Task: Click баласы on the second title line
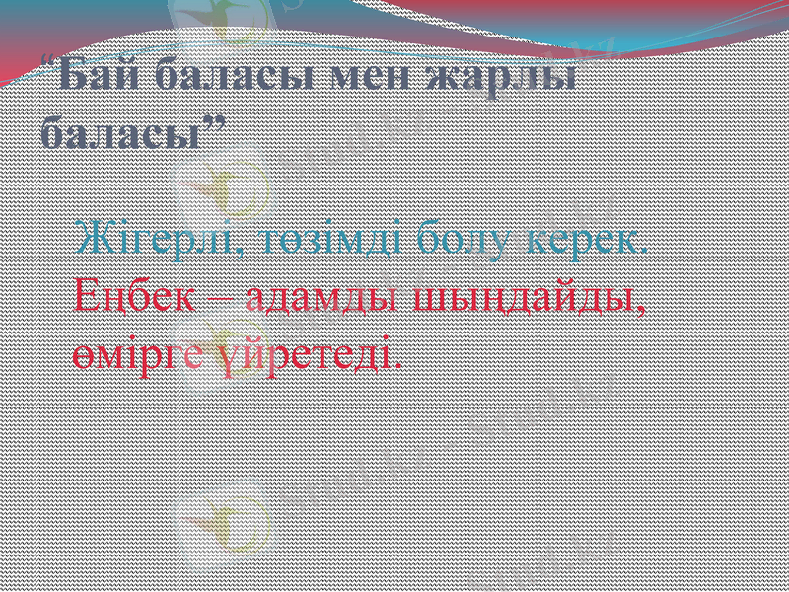pyautogui.click(x=116, y=131)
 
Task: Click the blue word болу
pyautogui.click(x=464, y=240)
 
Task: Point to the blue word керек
pyautogui.click(x=581, y=240)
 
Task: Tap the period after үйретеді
pyautogui.click(x=398, y=363)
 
